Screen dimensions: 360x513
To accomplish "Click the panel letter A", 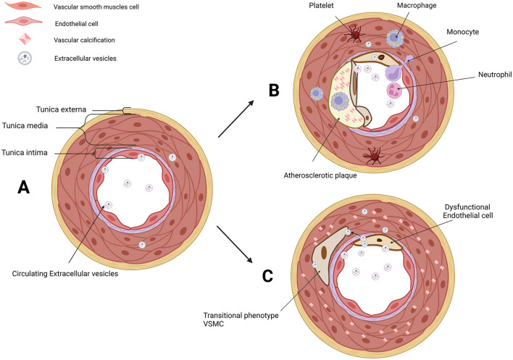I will (x=24, y=188).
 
